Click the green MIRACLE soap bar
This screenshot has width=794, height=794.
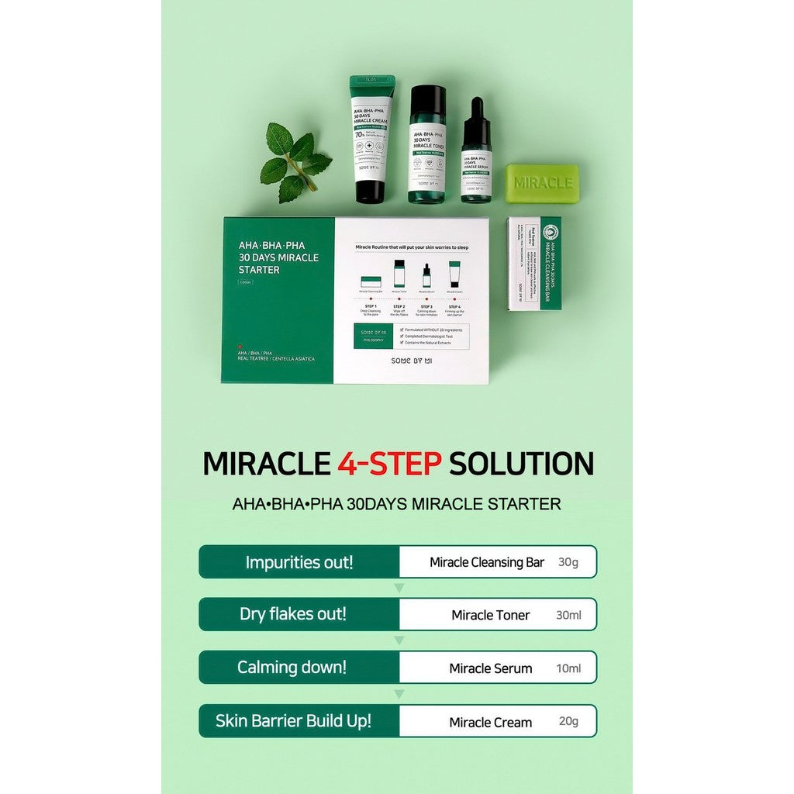pos(542,183)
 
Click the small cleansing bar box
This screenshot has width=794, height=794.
pos(534,264)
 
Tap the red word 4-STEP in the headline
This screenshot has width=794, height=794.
pos(389,463)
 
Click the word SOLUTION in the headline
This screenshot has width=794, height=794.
pos(521,463)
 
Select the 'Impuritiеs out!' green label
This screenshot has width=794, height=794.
pos(299,562)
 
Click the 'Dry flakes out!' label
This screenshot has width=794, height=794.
pos(293,614)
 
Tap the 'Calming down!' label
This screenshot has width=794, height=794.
pos(292,667)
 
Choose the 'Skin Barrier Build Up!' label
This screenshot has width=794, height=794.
pos(294,720)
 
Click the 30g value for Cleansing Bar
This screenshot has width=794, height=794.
pos(568,562)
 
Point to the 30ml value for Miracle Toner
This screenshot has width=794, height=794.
pos(568,615)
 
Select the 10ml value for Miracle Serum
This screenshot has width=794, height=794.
pos(568,668)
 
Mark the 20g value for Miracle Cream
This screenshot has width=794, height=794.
pos(568,721)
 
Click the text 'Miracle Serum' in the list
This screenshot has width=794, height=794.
pos(491,668)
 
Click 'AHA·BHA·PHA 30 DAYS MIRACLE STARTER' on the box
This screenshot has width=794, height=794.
pos(278,257)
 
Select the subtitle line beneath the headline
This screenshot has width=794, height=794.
pos(396,504)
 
